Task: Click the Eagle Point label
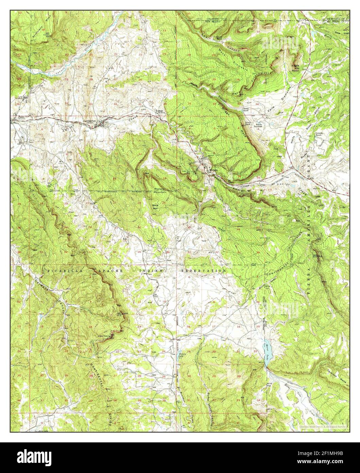pos(295,66)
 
